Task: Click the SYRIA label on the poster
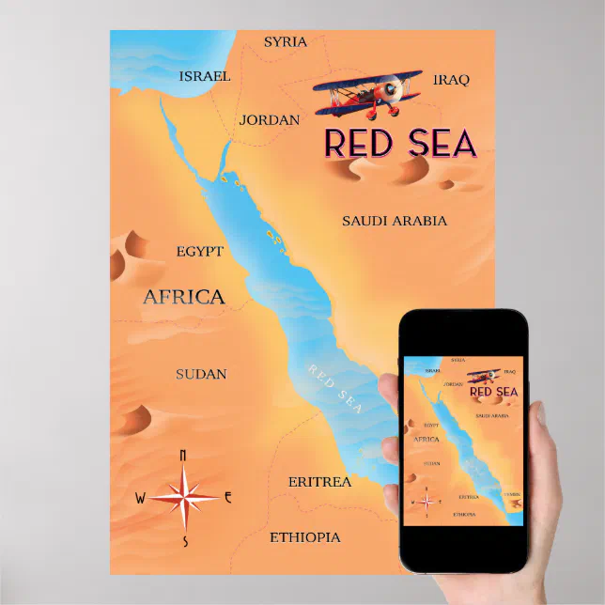(x=286, y=42)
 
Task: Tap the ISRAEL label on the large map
(x=205, y=75)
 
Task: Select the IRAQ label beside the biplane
(x=451, y=80)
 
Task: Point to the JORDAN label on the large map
(x=270, y=120)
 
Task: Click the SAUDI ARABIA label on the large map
(x=395, y=221)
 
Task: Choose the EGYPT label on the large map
(x=200, y=251)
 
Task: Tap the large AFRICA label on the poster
(x=184, y=298)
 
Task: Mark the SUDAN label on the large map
(x=201, y=374)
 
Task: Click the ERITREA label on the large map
(x=319, y=482)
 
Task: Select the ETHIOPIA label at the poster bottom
(x=305, y=537)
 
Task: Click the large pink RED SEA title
(x=400, y=142)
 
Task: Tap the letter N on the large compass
(x=182, y=456)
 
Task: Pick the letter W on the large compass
(x=141, y=498)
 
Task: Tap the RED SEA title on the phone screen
(x=493, y=392)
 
